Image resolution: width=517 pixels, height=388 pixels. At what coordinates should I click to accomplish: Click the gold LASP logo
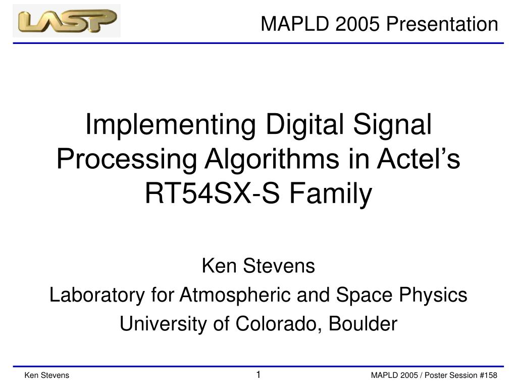point(67,21)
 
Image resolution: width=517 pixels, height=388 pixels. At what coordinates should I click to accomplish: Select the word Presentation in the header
point(442,24)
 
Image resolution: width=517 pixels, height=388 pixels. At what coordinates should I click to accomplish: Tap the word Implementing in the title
point(171,125)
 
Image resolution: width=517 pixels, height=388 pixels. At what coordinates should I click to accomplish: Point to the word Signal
point(392,125)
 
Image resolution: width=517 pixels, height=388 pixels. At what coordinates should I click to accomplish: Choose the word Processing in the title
point(127,160)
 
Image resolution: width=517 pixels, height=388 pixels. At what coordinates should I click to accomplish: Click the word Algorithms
point(272,159)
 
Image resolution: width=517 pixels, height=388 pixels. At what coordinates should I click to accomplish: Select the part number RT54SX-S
point(213,193)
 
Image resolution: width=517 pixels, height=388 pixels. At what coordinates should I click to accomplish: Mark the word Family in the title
point(331,195)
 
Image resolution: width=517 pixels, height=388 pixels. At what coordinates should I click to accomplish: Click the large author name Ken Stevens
point(258,266)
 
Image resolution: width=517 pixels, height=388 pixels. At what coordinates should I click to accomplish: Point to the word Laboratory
point(97,295)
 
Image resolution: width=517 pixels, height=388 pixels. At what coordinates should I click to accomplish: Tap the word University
point(163,324)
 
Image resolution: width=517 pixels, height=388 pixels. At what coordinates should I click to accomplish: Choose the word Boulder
point(363,324)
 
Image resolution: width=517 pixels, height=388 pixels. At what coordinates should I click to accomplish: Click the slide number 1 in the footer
point(258,374)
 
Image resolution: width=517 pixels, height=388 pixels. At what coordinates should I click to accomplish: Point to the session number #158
point(488,375)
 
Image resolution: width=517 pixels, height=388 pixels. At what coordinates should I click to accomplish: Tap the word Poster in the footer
point(435,375)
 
